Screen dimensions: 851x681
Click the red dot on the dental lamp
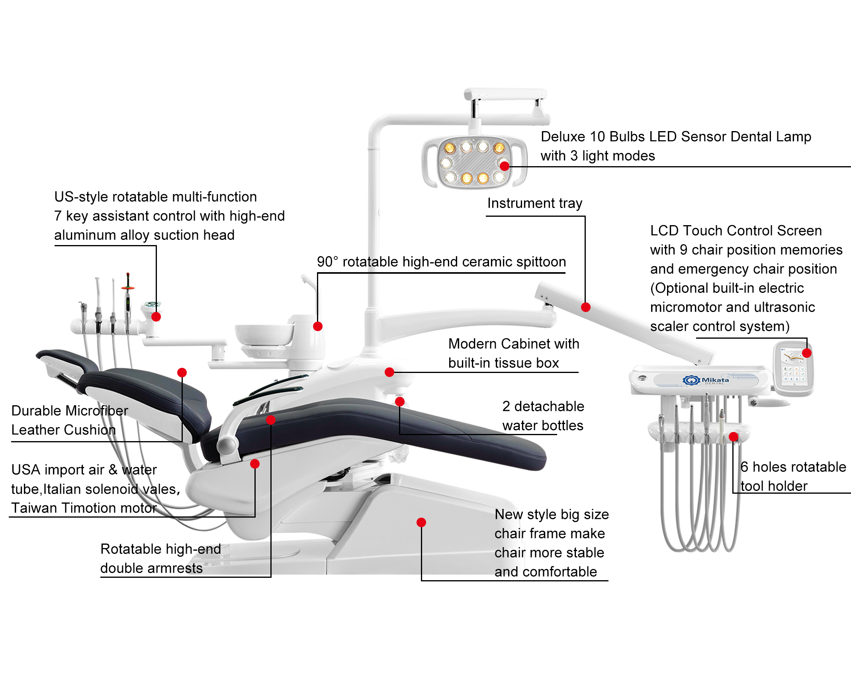coord(505,166)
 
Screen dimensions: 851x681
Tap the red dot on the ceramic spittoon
coord(318,326)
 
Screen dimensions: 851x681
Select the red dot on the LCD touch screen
coord(807,353)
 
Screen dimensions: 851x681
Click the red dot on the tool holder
coord(734,437)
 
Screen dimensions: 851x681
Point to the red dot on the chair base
coord(421,522)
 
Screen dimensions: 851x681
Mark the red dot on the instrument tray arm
coord(586,307)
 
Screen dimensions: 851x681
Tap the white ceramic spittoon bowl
coord(264,334)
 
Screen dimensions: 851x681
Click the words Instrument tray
coord(535,203)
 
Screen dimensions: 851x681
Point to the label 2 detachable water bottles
coord(543,416)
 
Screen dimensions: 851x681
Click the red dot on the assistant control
coord(156,317)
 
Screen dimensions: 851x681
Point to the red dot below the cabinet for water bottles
coord(400,402)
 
